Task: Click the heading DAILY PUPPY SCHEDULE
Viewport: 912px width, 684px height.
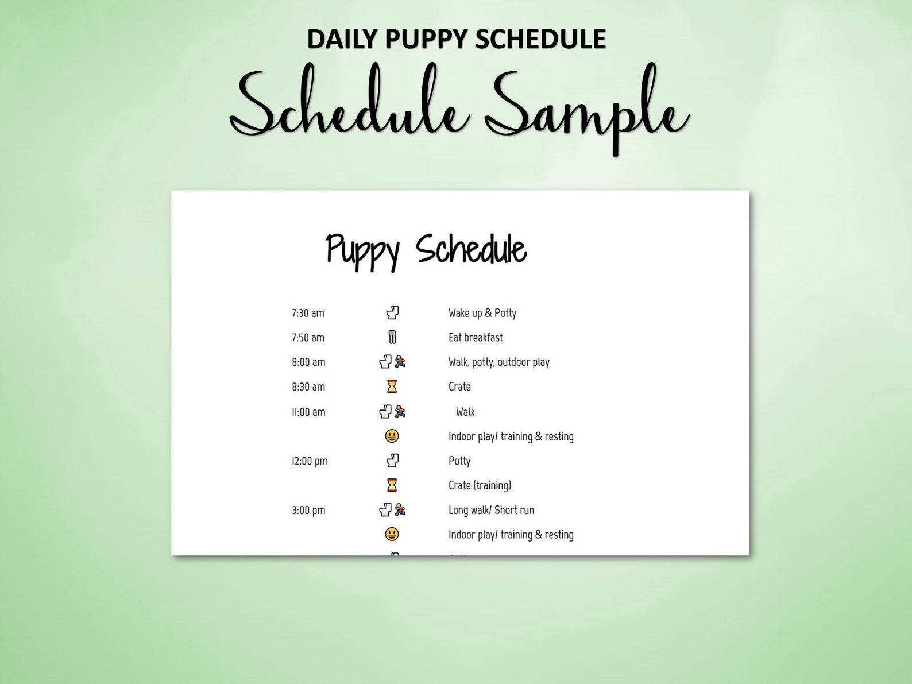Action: pos(456,39)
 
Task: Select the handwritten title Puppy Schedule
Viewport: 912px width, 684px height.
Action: pos(426,250)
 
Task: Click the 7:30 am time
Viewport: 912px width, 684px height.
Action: pos(308,313)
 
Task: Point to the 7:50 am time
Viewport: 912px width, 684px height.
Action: pos(308,338)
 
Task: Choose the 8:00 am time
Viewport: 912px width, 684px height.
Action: pos(308,362)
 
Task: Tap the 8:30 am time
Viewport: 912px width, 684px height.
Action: pos(308,387)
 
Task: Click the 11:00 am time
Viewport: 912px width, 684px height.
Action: pos(308,412)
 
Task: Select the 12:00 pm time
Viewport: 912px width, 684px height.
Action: pos(310,461)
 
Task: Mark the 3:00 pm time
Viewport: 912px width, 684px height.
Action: pos(308,510)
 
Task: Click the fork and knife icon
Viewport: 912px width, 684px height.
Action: pos(392,337)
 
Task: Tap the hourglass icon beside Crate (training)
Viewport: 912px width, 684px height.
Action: pos(392,485)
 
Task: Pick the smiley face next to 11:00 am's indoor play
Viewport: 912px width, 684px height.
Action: pos(392,436)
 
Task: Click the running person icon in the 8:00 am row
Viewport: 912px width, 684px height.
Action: pos(400,362)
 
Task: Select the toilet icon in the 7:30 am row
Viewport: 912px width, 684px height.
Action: pos(392,312)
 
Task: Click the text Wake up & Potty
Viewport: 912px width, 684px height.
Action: pos(482,313)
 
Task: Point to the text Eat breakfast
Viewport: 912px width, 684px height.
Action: pos(476,338)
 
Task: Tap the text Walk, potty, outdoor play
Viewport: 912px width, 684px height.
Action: pos(499,362)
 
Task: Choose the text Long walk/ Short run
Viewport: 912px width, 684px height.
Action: pos(491,510)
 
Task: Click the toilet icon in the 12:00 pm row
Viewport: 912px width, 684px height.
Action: pos(392,461)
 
